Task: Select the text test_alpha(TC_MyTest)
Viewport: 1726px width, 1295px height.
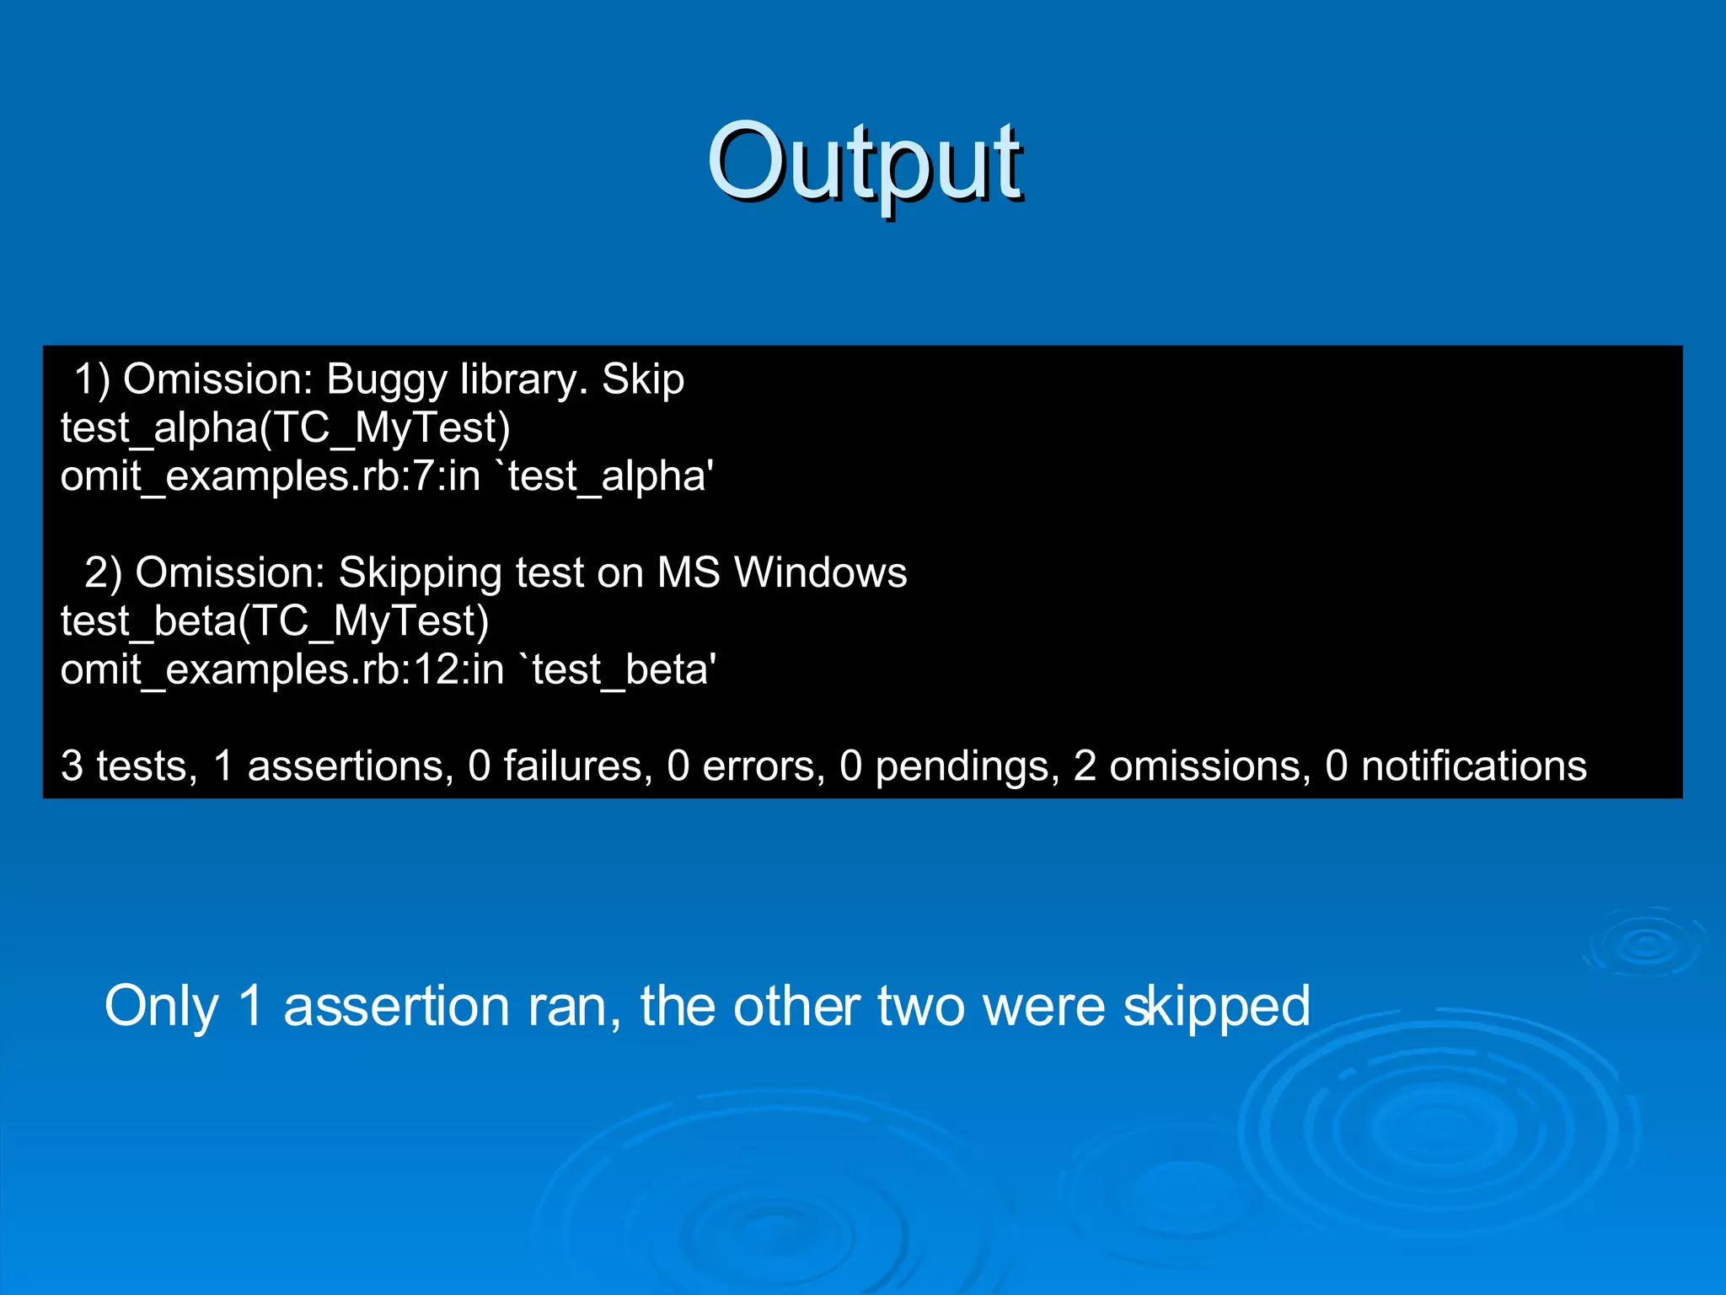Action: point(285,428)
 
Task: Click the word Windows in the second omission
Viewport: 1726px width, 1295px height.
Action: point(820,572)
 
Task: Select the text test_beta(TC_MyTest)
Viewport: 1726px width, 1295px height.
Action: point(275,621)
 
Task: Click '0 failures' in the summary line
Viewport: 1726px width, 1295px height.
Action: point(560,766)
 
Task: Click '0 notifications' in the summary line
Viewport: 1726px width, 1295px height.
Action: point(1455,766)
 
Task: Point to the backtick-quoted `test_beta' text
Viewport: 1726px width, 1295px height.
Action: point(622,670)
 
